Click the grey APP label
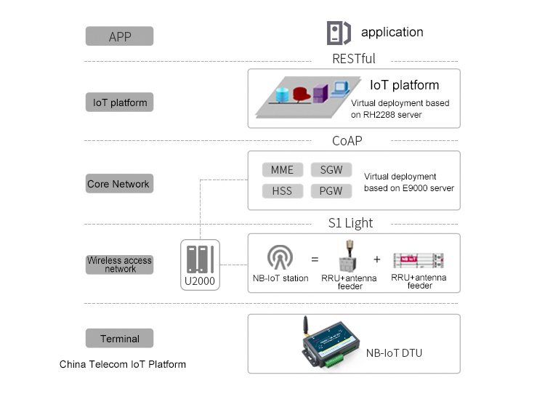coord(120,36)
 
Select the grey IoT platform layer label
coord(120,102)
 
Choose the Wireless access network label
coord(120,265)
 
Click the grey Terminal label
coord(120,339)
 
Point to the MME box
coord(282,170)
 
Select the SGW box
coord(331,170)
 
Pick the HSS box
coord(282,191)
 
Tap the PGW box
coord(331,191)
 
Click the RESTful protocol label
coord(354,59)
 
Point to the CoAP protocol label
coord(347,141)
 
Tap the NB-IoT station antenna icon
coord(280,257)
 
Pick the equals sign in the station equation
coord(315,259)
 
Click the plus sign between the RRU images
coord(377,259)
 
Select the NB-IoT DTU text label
coord(394,353)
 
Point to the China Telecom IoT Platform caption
coord(123,364)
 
